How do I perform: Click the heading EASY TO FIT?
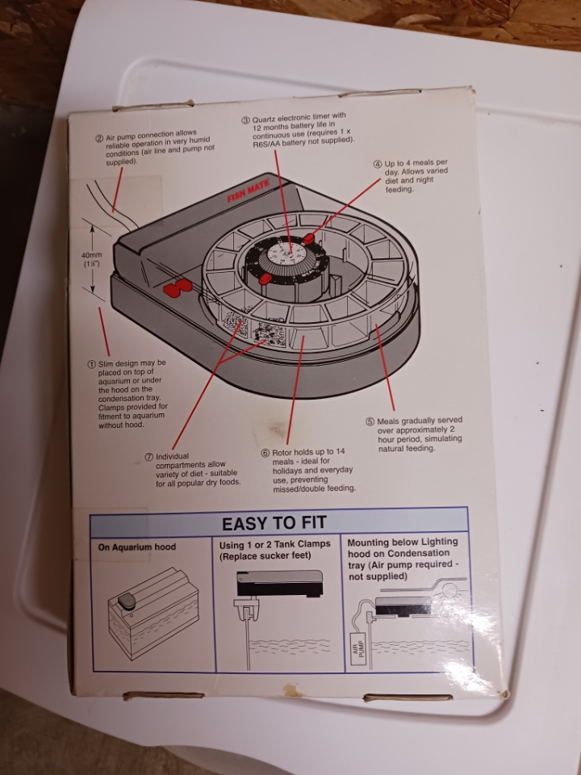coord(274,523)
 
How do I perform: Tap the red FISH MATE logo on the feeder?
coord(249,191)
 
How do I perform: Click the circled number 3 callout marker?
coord(245,120)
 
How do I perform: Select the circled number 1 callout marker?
coord(91,364)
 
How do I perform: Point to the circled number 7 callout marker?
coord(148,457)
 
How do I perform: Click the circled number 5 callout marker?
coord(370,421)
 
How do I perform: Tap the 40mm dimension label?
coord(91,258)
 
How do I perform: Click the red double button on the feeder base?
coord(177,287)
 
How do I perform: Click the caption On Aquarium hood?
coord(137,547)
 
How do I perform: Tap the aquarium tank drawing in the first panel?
coord(153,613)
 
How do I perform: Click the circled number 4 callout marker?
coord(378,165)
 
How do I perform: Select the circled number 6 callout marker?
coord(265,453)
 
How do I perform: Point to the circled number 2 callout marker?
coord(99,138)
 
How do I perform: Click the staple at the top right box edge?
coord(380,92)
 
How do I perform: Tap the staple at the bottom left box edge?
coord(164,695)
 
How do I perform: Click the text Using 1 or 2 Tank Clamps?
coord(274,544)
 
